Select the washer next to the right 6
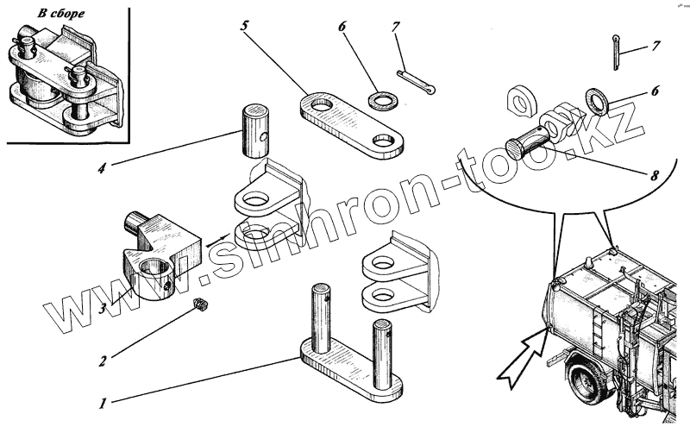point(596,97)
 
